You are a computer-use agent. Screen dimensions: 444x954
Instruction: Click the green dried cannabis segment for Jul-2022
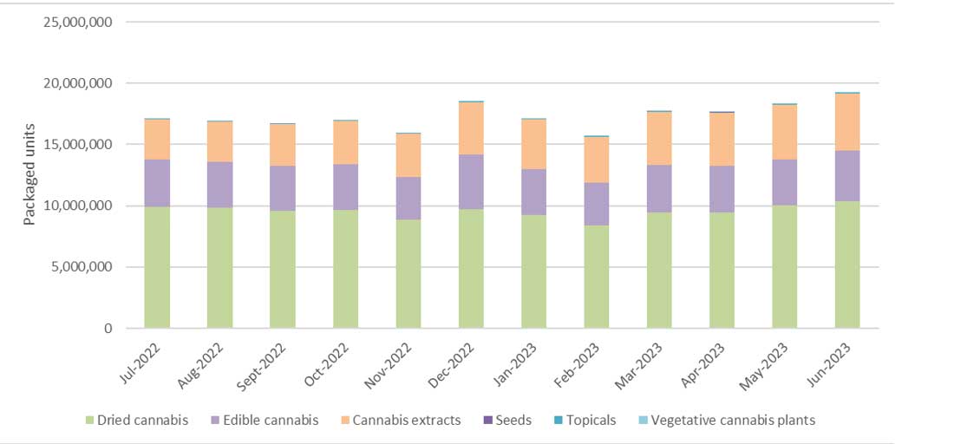coord(157,267)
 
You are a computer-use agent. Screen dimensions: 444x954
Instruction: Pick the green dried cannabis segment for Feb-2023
coord(597,277)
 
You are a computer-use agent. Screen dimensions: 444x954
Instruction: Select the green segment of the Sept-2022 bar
coord(283,269)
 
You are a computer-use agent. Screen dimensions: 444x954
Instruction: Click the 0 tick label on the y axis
coord(108,329)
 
